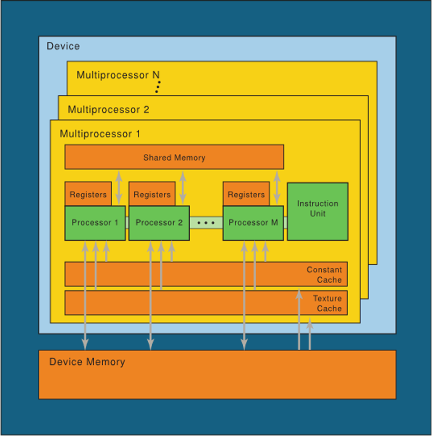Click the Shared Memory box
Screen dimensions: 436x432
pyautogui.click(x=174, y=157)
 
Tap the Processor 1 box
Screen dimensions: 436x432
pyautogui.click(x=95, y=223)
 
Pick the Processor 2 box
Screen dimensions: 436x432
pyautogui.click(x=159, y=223)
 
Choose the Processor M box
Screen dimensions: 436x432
pyautogui.click(x=253, y=223)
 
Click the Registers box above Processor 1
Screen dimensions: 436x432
pyautogui.click(x=88, y=194)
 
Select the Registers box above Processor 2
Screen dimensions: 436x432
pyautogui.click(x=152, y=194)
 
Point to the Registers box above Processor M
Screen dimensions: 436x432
pyautogui.click(x=246, y=194)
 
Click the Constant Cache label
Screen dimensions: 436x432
pyautogui.click(x=324, y=275)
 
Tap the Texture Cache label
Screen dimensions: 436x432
pyautogui.click(x=327, y=303)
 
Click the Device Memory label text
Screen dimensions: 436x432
pyautogui.click(x=87, y=362)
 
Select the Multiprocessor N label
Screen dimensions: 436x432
pyautogui.click(x=118, y=75)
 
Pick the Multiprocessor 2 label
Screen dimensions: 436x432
pyautogui.click(x=109, y=110)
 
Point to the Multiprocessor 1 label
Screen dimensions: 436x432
pyautogui.click(x=100, y=133)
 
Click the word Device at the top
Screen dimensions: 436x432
pyautogui.click(x=63, y=46)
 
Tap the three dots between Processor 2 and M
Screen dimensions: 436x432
pyautogui.click(x=206, y=223)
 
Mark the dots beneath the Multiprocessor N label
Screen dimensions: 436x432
pyautogui.click(x=158, y=87)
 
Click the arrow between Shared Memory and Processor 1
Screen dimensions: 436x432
pyautogui.click(x=119, y=187)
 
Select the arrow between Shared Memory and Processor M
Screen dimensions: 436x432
pyautogui.click(x=277, y=187)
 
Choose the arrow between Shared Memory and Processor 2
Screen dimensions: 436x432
pyautogui.click(x=183, y=187)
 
